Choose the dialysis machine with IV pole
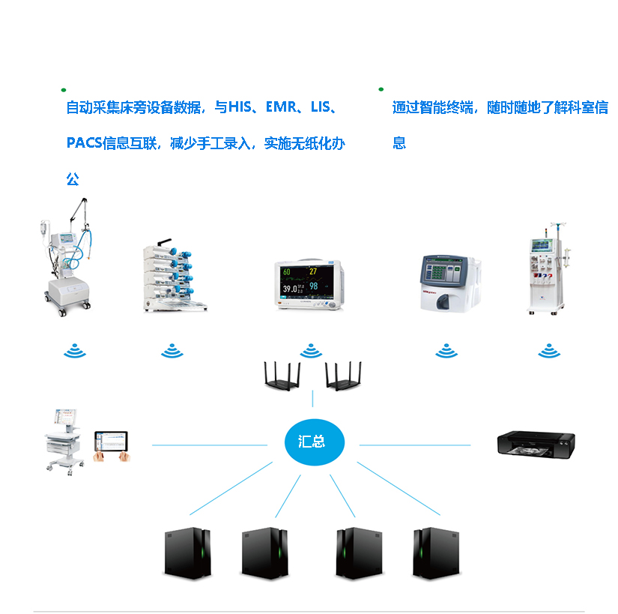pos(550,269)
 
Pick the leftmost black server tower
pos(187,553)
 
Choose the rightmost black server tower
pos(435,553)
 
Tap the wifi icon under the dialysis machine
pos(549,351)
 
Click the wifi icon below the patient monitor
pos(310,351)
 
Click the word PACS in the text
pos(83,143)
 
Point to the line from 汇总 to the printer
pos(416,445)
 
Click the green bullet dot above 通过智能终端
pos(381,88)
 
